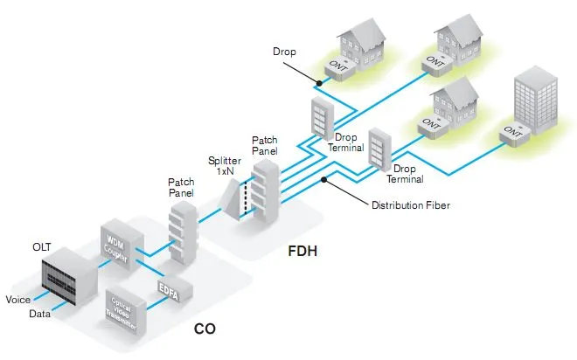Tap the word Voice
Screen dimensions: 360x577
(x=18, y=300)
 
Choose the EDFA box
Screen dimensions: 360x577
(x=168, y=289)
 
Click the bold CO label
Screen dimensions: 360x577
(x=205, y=330)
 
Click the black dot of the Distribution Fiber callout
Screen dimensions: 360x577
(x=326, y=180)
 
